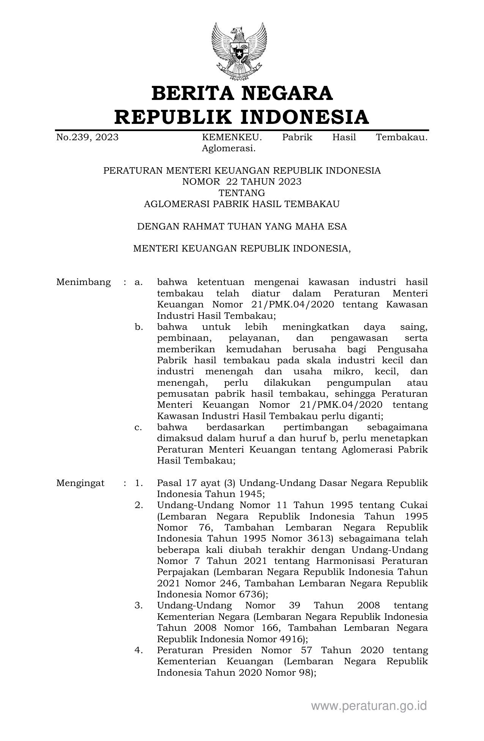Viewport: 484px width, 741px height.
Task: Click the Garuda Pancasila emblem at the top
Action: [x=239, y=51]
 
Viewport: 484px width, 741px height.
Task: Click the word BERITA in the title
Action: [x=193, y=93]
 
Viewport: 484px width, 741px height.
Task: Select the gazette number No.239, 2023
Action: [x=87, y=137]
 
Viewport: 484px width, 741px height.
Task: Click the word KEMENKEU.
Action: [x=232, y=137]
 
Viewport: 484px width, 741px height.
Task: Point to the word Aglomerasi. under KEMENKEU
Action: [x=229, y=149]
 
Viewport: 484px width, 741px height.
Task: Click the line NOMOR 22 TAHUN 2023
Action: [x=242, y=182]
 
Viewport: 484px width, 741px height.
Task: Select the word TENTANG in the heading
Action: [x=242, y=193]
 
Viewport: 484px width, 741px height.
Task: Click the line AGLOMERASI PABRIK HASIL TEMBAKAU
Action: [x=242, y=204]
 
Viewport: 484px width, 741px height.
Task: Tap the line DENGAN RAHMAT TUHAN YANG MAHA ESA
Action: [x=242, y=226]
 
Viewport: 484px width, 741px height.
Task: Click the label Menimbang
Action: [x=84, y=282]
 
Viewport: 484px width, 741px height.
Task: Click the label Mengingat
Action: [x=80, y=483]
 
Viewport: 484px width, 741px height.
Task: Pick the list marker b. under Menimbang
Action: [x=139, y=327]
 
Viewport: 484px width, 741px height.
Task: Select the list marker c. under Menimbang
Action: [x=139, y=427]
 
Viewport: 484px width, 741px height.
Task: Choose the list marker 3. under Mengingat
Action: [x=139, y=605]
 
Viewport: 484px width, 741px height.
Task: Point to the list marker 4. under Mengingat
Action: [x=139, y=650]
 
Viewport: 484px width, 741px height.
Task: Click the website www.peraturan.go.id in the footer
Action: [x=369, y=706]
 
